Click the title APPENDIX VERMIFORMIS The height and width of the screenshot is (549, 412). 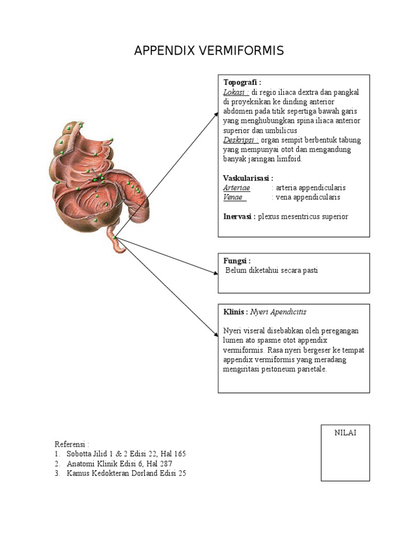click(209, 51)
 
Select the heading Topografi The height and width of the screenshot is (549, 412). click(242, 83)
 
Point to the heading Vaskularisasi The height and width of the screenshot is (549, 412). click(248, 178)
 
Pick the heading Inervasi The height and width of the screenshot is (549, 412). click(239, 217)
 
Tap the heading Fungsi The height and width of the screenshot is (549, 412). click(237, 261)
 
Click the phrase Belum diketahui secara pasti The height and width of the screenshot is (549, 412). click(271, 270)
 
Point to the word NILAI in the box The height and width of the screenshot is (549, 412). click(345, 433)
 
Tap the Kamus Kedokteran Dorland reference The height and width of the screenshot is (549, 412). click(127, 473)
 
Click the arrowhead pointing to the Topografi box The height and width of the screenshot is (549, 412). click(216, 113)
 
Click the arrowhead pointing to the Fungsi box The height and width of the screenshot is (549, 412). click(216, 273)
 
